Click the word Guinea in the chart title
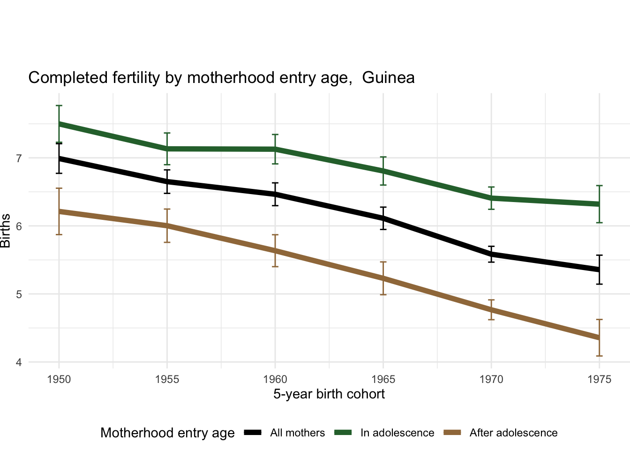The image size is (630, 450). point(389,78)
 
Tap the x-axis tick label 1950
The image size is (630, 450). point(59,379)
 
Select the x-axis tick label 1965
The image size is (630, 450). point(383,379)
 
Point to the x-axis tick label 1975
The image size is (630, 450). point(599,379)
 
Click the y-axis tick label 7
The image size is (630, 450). point(19,158)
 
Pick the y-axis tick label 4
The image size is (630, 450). point(19,362)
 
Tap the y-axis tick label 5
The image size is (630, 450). point(19,294)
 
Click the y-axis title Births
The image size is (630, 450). point(6,231)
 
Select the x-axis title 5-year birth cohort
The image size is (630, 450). point(329,394)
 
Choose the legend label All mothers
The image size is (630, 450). point(297,433)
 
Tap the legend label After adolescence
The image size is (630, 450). point(513,433)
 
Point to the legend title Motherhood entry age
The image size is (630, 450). point(167,433)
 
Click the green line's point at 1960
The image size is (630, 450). point(275,149)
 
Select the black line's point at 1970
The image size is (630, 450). point(491,254)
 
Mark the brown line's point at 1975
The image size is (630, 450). point(599,337)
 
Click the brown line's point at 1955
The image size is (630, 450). point(167,225)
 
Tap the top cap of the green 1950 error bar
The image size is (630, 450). point(59,106)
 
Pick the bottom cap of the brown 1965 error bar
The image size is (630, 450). point(383,294)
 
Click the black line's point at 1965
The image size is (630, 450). point(383,218)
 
